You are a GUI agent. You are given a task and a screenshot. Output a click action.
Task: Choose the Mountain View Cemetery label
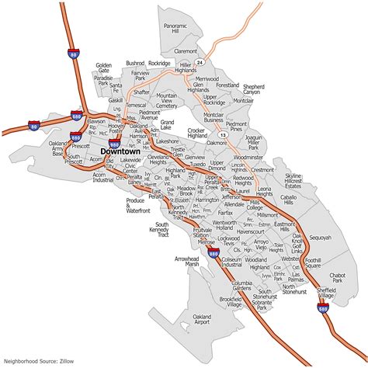click(x=168, y=100)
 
